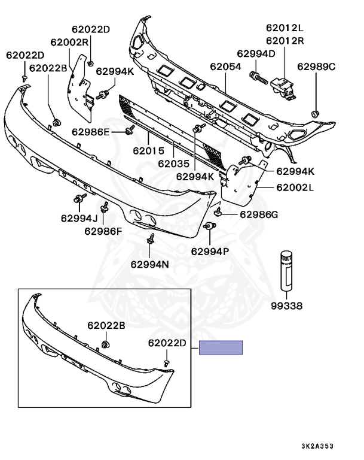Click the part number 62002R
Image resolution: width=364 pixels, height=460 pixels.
(69, 42)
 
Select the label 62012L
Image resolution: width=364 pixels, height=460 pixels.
(285, 28)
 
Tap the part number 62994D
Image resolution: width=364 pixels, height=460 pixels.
(256, 54)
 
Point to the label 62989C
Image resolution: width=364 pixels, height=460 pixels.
(317, 66)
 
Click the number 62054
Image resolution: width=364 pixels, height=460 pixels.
(225, 67)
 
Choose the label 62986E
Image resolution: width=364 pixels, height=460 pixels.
(91, 132)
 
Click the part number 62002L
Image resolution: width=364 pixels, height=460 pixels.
(295, 187)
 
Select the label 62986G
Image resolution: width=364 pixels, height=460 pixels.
(259, 214)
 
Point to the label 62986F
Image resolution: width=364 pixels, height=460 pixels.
(103, 231)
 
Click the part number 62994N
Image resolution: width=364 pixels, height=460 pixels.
(149, 264)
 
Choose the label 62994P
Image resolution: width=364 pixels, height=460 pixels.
(210, 252)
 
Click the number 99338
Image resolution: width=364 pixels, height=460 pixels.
(286, 306)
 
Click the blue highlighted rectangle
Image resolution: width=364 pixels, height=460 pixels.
(221, 347)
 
